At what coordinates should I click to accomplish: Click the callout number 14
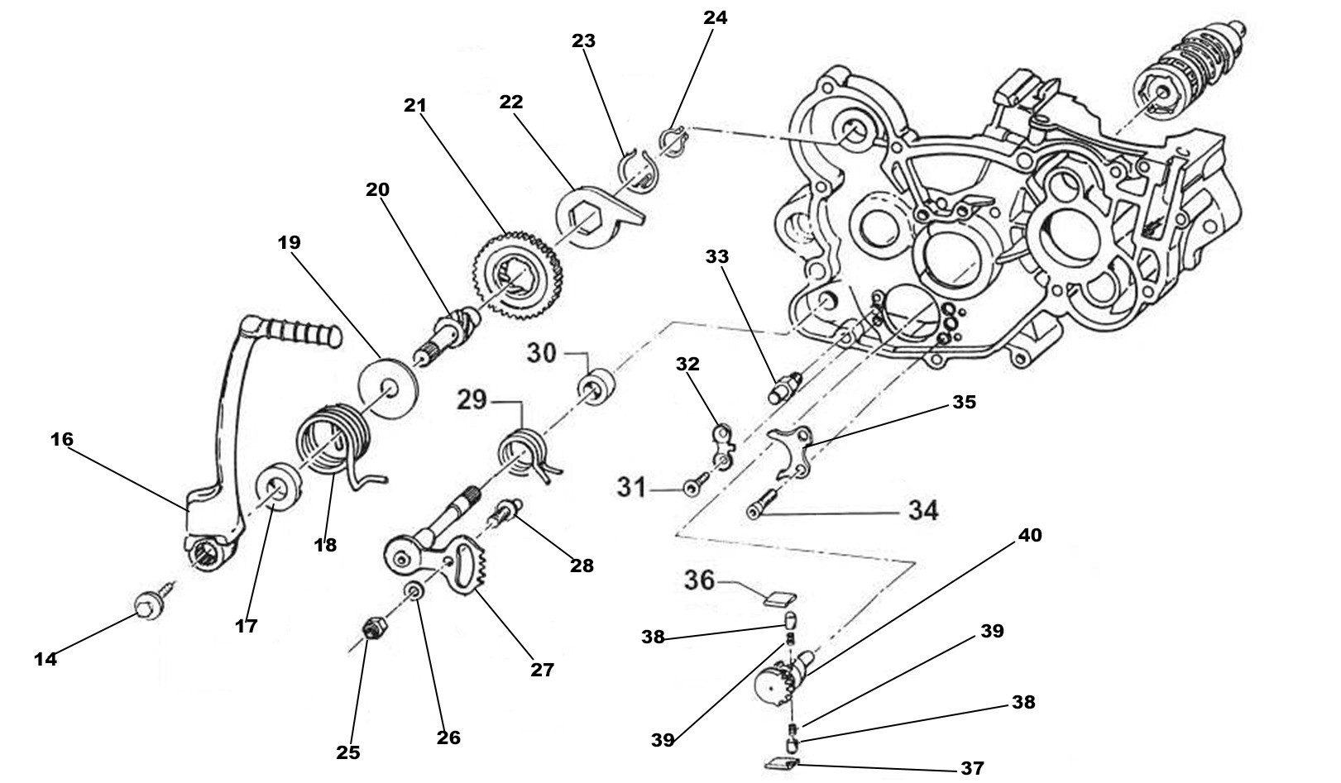(45, 659)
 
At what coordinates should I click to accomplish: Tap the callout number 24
(715, 18)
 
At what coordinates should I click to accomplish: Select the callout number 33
(717, 257)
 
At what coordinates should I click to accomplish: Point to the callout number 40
(1029, 536)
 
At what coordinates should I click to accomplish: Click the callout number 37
(973, 768)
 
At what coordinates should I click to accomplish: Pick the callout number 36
(699, 580)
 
